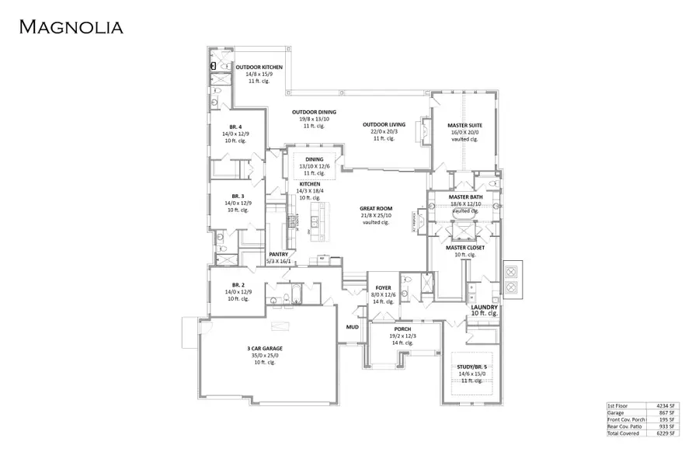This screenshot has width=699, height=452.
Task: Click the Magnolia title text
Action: pos(71,27)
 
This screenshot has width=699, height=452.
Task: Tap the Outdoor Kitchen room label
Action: pos(259,68)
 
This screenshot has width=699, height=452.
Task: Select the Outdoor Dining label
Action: pos(315,113)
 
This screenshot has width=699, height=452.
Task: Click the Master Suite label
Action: pos(464,125)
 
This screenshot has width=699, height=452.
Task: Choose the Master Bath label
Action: pos(465,197)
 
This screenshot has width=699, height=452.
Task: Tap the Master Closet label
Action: pos(465,248)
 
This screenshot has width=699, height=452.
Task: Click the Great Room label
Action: pos(375,208)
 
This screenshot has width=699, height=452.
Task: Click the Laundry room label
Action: pos(484,307)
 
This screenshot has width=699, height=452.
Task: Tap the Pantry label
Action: pos(278,254)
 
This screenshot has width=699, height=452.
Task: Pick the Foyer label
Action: pos(384,288)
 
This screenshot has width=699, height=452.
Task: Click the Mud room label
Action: pos(352,327)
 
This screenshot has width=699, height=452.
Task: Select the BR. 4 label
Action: pos(235,127)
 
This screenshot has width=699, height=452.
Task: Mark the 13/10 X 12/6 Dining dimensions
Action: pos(315,166)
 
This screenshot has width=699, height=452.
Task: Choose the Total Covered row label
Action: pos(624,433)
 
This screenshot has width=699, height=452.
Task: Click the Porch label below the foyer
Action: pos(402,329)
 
